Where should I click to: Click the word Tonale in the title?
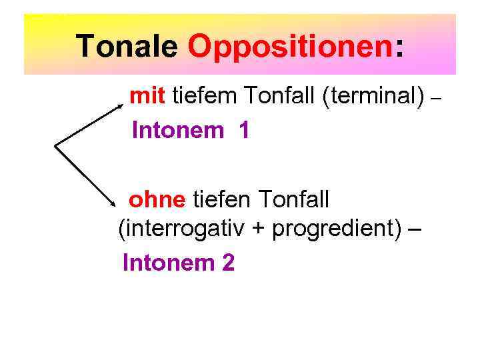(127, 46)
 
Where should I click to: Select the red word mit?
(148, 97)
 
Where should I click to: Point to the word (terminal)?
(373, 97)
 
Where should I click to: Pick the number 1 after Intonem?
(244, 130)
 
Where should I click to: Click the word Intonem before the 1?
(178, 130)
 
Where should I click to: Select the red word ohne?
(157, 199)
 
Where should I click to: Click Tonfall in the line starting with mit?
(279, 97)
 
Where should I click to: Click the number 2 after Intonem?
(228, 263)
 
